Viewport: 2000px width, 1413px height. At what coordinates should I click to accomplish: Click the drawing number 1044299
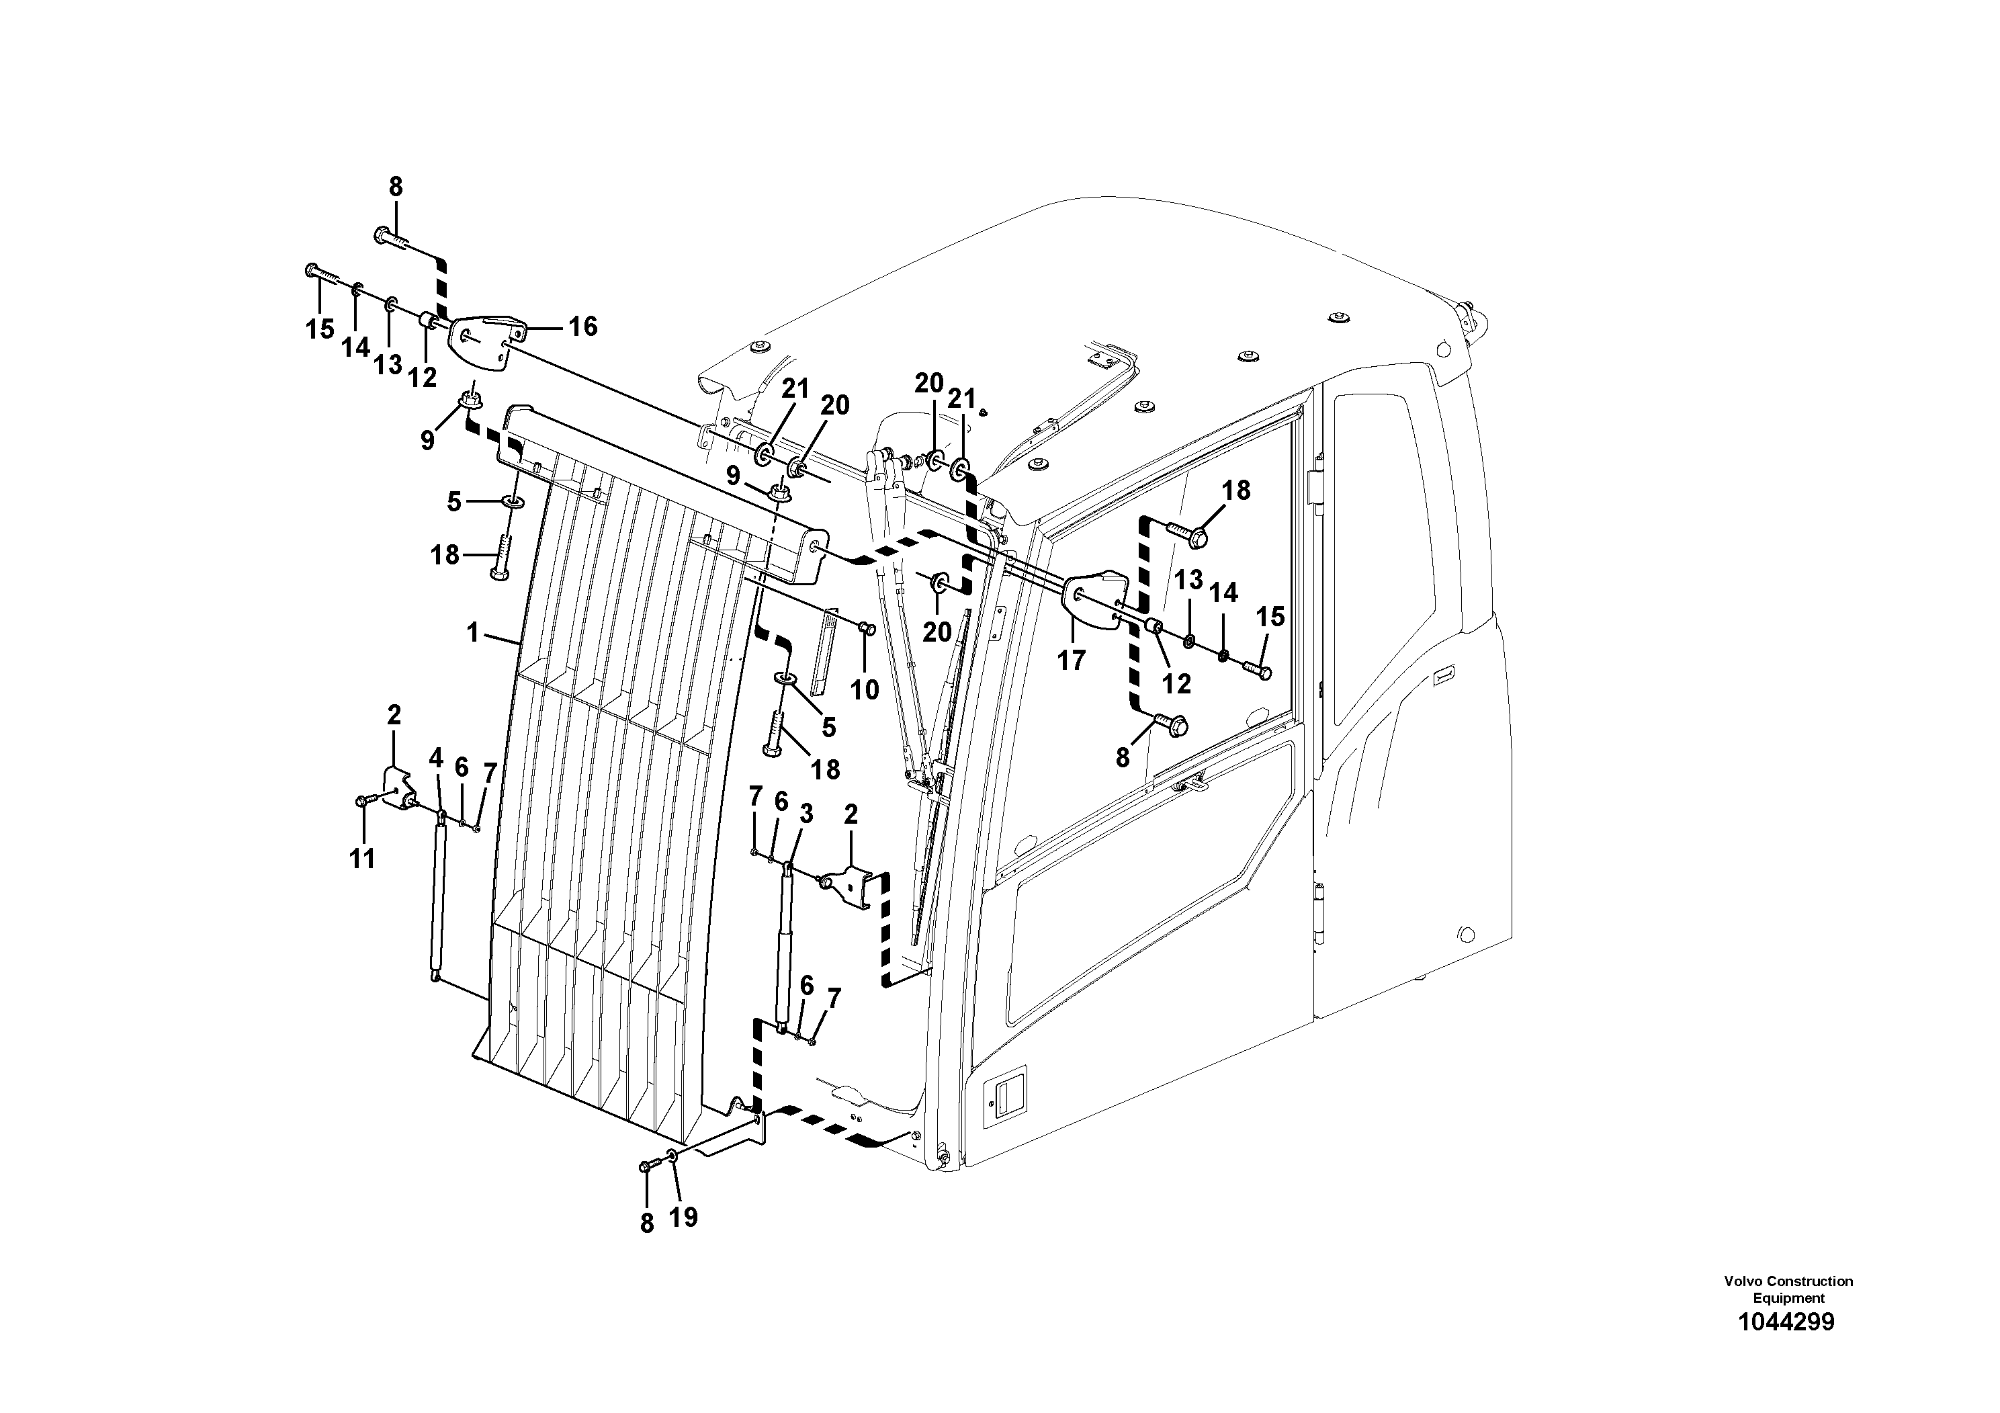1786,1322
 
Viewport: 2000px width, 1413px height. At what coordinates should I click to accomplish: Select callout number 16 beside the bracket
582,327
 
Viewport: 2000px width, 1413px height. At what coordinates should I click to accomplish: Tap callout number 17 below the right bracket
1072,660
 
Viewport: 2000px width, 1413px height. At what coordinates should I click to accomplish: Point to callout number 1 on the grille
473,632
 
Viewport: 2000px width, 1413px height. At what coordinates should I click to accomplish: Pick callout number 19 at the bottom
684,1217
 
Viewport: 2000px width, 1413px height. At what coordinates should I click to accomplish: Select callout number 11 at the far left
361,858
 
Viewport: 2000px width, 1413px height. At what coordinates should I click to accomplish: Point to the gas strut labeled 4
437,897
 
